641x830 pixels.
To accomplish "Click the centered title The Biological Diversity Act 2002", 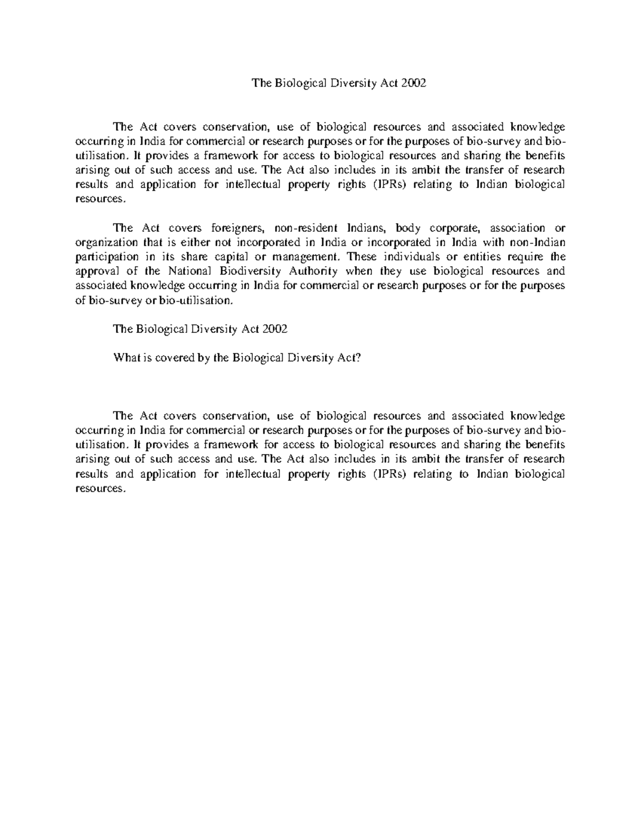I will click(x=339, y=83).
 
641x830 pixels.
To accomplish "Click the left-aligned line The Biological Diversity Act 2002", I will click(x=200, y=330).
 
